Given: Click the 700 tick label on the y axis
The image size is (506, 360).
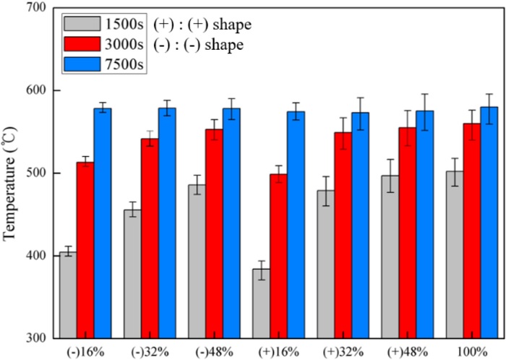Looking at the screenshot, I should tap(35, 9).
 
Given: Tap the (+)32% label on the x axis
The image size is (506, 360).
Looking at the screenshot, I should tap(343, 351).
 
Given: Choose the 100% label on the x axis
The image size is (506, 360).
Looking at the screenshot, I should tap(471, 351).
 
